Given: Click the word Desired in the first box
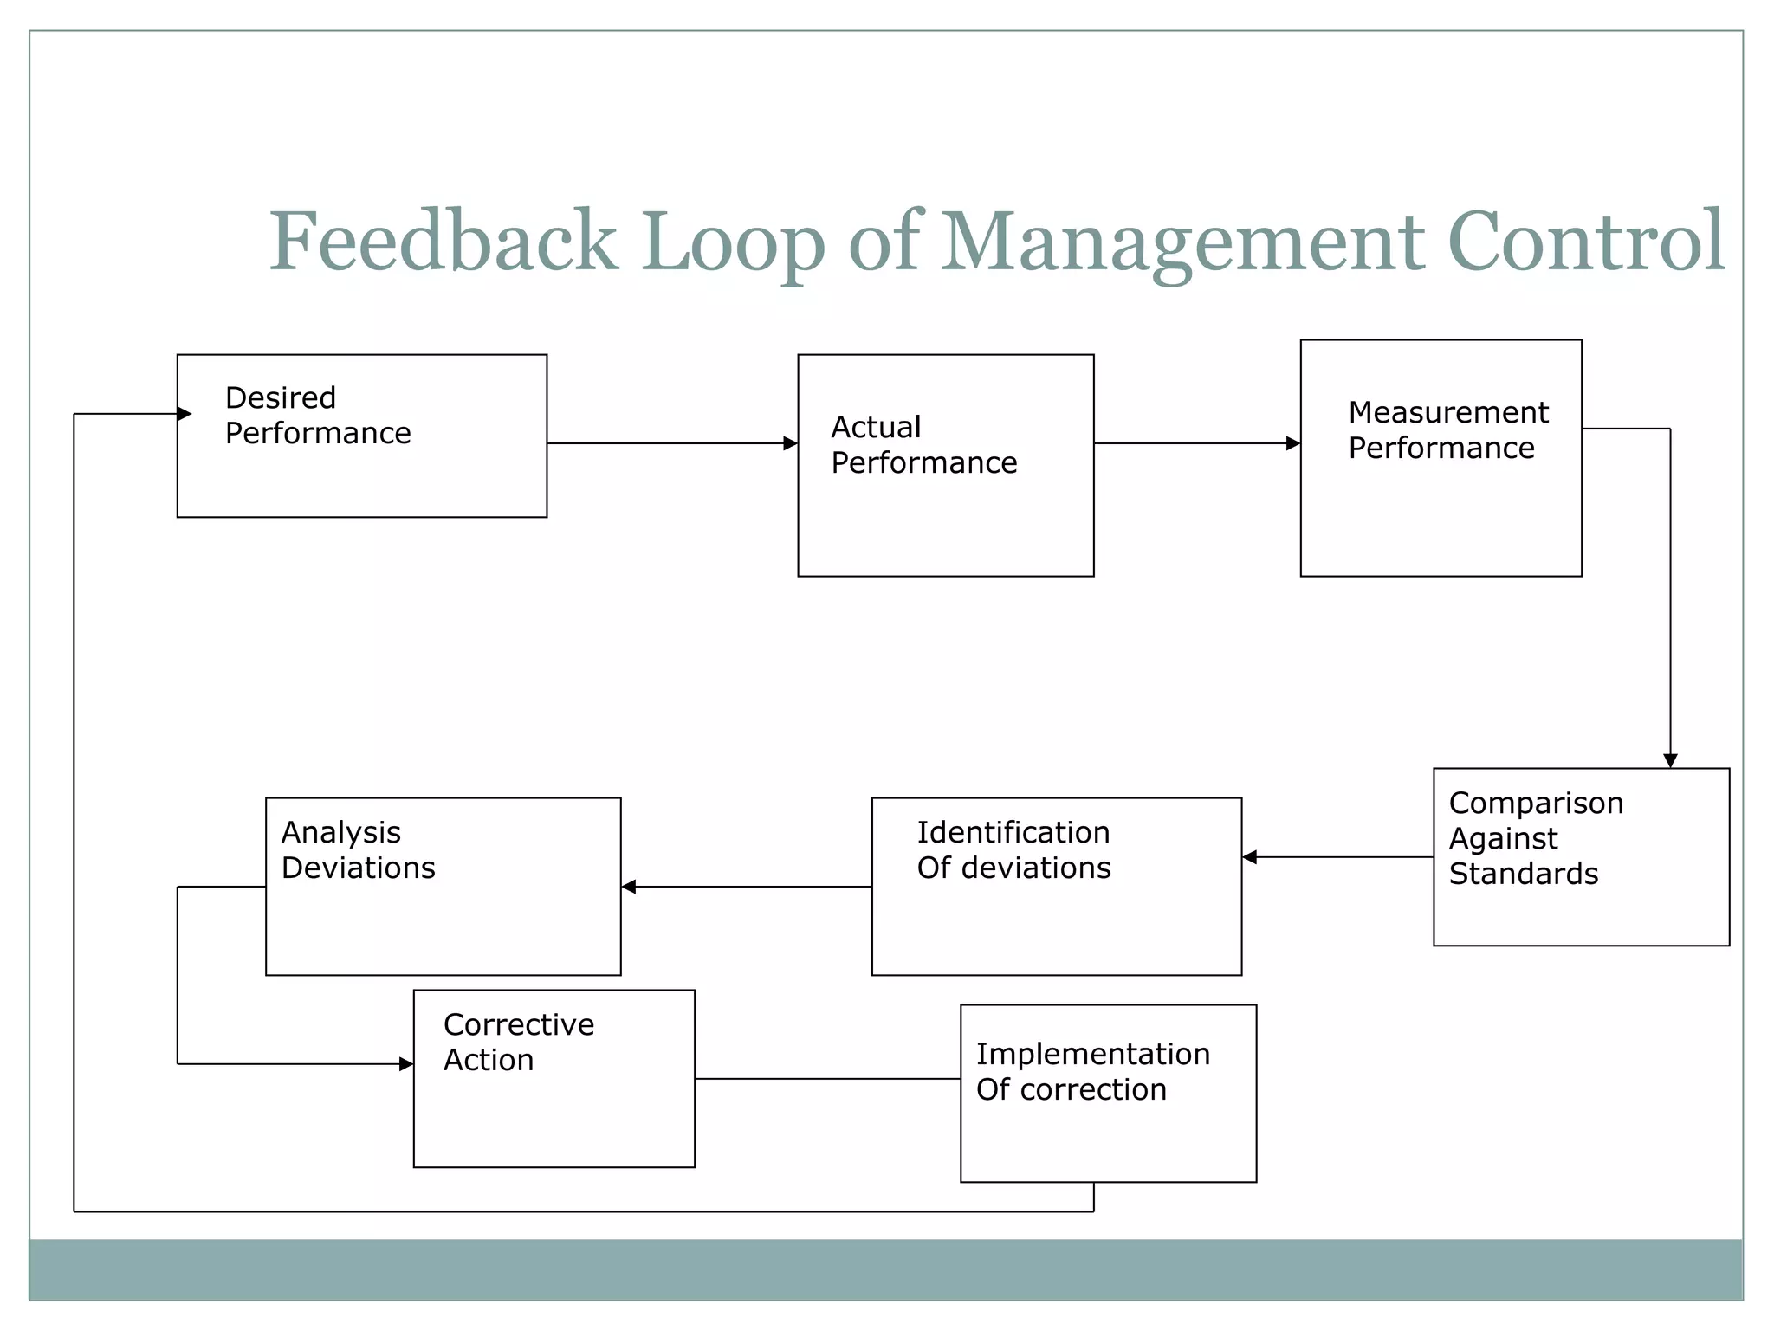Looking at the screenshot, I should [x=281, y=398].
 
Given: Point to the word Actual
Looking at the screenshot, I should [x=876, y=428].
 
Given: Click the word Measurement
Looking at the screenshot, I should [x=1448, y=413].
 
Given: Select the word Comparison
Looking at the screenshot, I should [x=1536, y=804].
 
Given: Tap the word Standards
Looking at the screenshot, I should [x=1524, y=875].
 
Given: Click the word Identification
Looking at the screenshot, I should [x=1013, y=833].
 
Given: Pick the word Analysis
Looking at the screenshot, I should [x=341, y=833].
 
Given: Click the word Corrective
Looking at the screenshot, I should [x=519, y=1025].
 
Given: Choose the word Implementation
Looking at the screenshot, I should [x=1093, y=1055].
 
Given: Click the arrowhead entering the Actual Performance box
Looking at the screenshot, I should [x=790, y=443].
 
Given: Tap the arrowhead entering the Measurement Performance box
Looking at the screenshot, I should [x=1292, y=443].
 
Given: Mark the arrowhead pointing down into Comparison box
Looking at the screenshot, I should [x=1670, y=760].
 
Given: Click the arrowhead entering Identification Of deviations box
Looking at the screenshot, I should [x=1250, y=857].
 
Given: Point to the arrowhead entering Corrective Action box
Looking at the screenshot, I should [x=405, y=1064].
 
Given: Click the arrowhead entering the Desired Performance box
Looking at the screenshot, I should [x=184, y=414].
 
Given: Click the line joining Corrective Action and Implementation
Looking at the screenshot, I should [x=827, y=1079].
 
